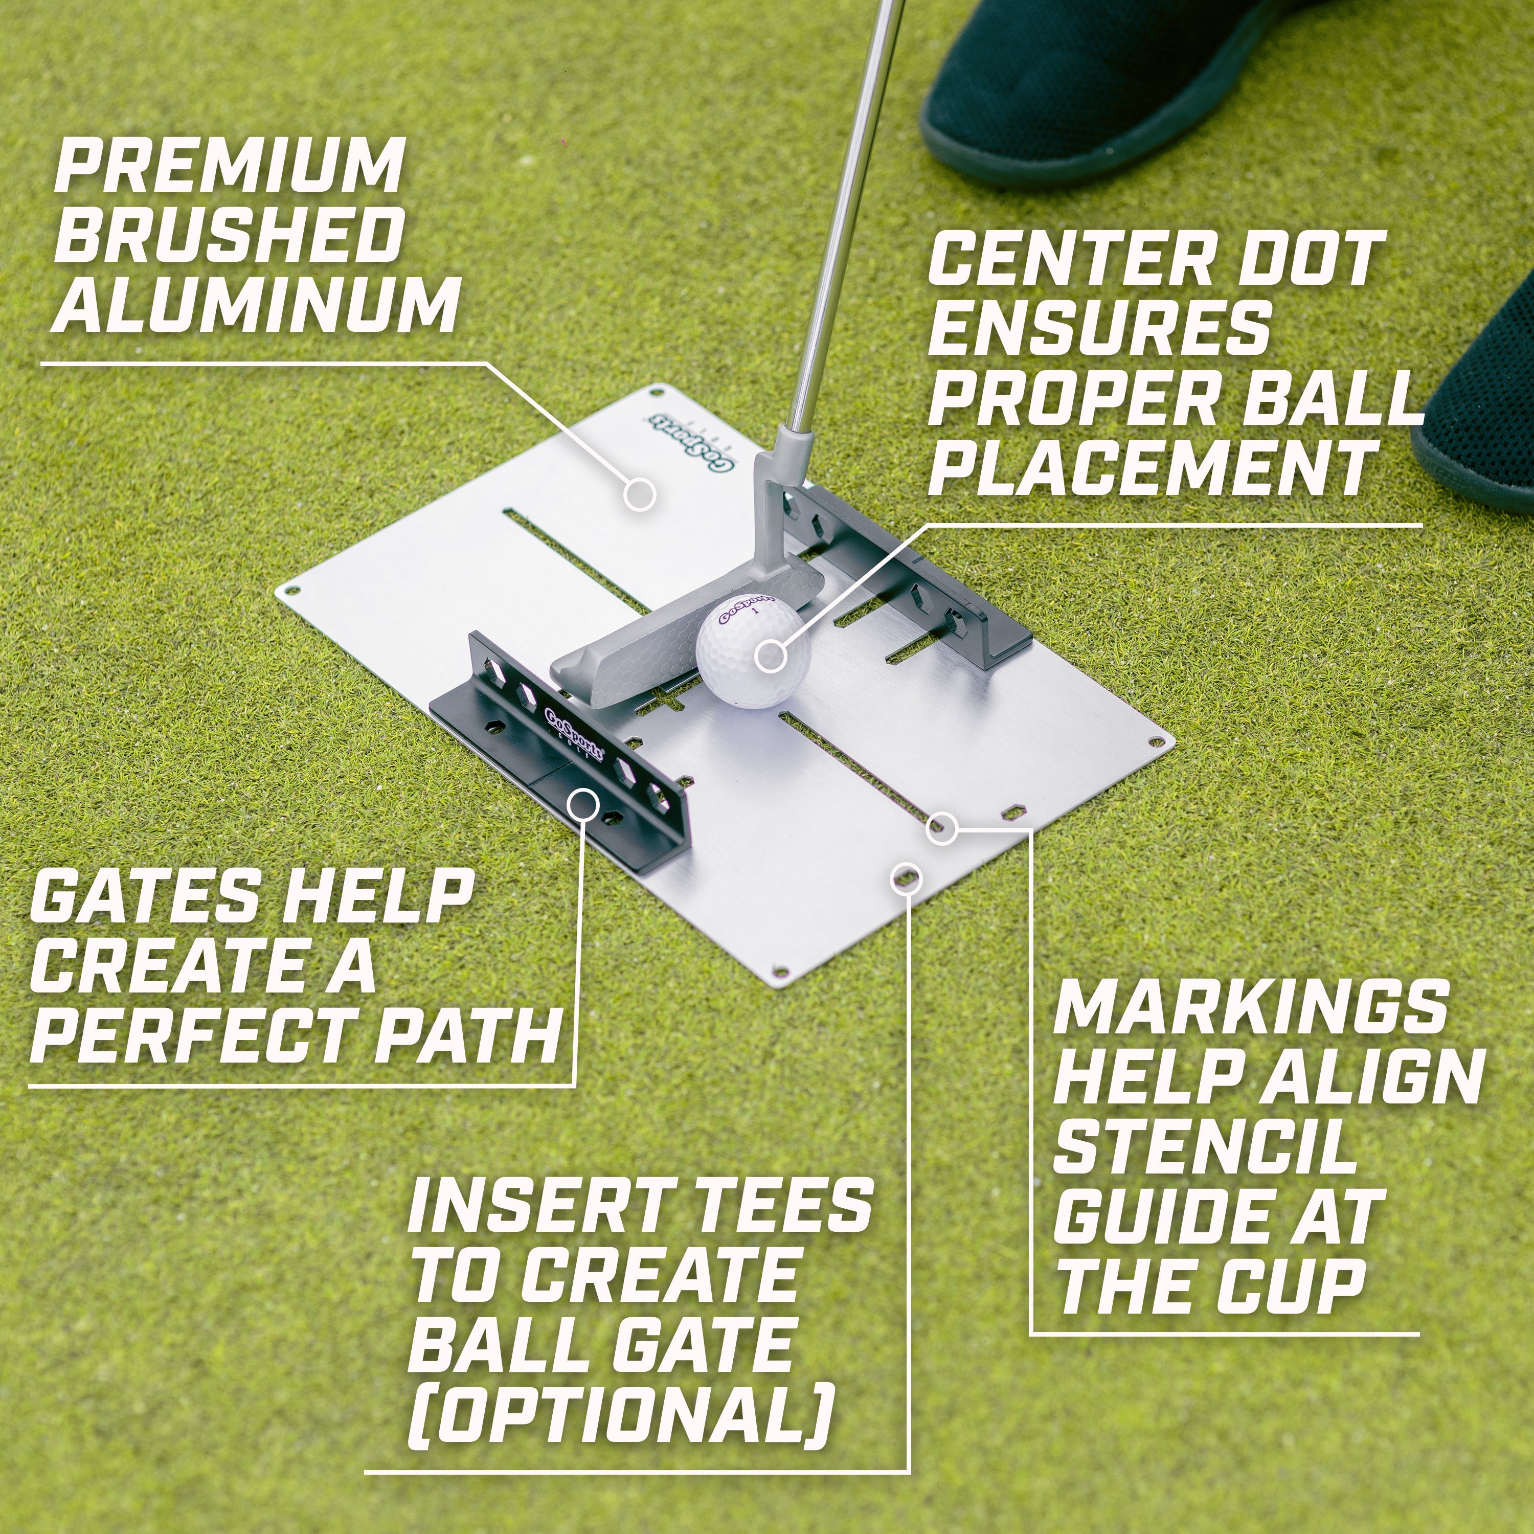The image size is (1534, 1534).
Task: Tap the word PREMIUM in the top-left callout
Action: (x=229, y=166)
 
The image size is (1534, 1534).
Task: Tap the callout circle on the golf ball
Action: (x=770, y=656)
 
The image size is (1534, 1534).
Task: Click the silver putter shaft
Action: (x=842, y=238)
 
